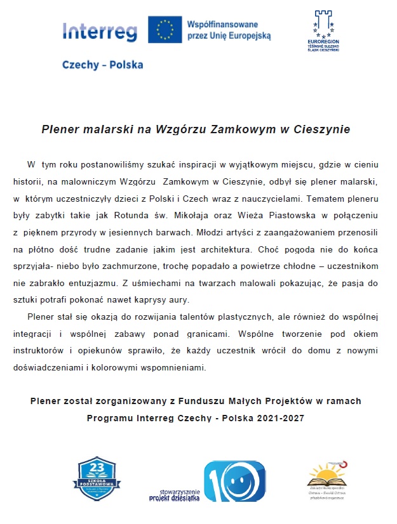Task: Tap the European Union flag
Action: pos(165,29)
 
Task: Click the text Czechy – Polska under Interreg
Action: pos(102,65)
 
